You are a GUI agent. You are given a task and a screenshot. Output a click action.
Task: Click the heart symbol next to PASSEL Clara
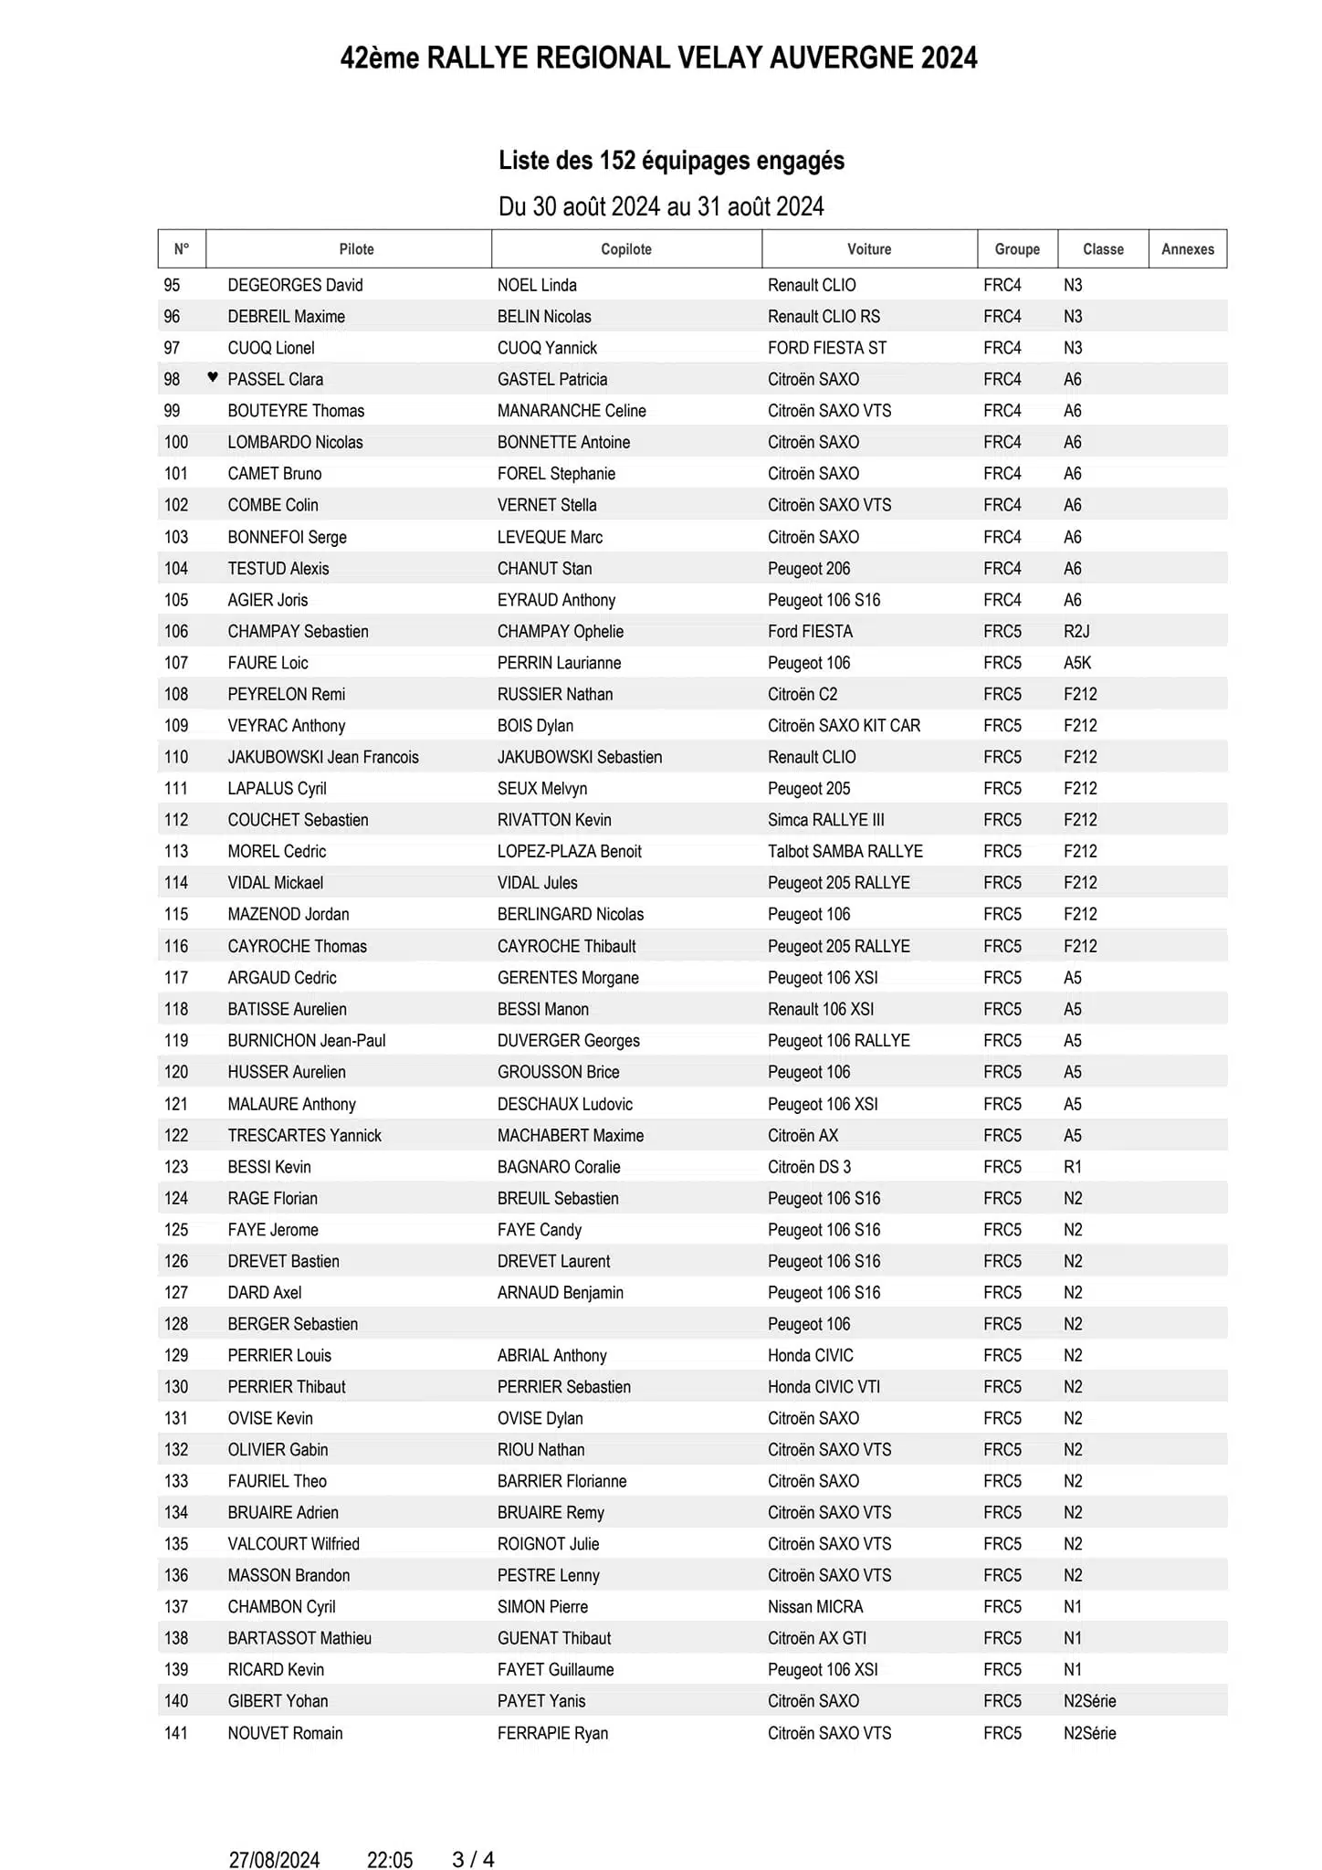[x=213, y=377]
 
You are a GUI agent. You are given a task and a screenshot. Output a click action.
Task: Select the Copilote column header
[x=626, y=249]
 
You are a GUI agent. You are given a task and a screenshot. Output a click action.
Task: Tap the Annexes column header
[x=1188, y=249]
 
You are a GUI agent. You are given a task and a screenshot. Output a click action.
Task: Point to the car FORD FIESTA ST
[x=827, y=348]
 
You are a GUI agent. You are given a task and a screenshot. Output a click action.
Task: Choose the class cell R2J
[x=1076, y=631]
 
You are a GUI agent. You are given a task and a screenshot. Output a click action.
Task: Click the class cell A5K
[x=1077, y=663]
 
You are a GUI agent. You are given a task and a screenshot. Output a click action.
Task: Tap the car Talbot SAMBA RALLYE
[x=845, y=851]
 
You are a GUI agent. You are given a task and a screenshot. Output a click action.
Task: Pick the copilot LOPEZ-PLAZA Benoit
[x=570, y=851]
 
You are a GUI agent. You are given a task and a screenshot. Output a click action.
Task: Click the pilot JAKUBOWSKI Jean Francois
[x=323, y=757]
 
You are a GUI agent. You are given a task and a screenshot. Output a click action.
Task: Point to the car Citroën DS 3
[x=809, y=1167]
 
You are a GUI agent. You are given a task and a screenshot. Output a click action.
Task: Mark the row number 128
[x=176, y=1324]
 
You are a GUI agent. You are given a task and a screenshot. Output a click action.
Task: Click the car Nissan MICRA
[x=815, y=1606]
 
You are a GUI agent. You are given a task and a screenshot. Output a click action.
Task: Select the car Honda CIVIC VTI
[x=824, y=1387]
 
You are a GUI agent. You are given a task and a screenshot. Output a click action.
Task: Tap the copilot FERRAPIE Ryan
[x=552, y=1733]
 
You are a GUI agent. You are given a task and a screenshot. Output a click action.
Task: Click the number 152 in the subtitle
[x=617, y=161]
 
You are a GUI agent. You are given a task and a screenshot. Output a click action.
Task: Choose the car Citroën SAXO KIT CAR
[x=844, y=726]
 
